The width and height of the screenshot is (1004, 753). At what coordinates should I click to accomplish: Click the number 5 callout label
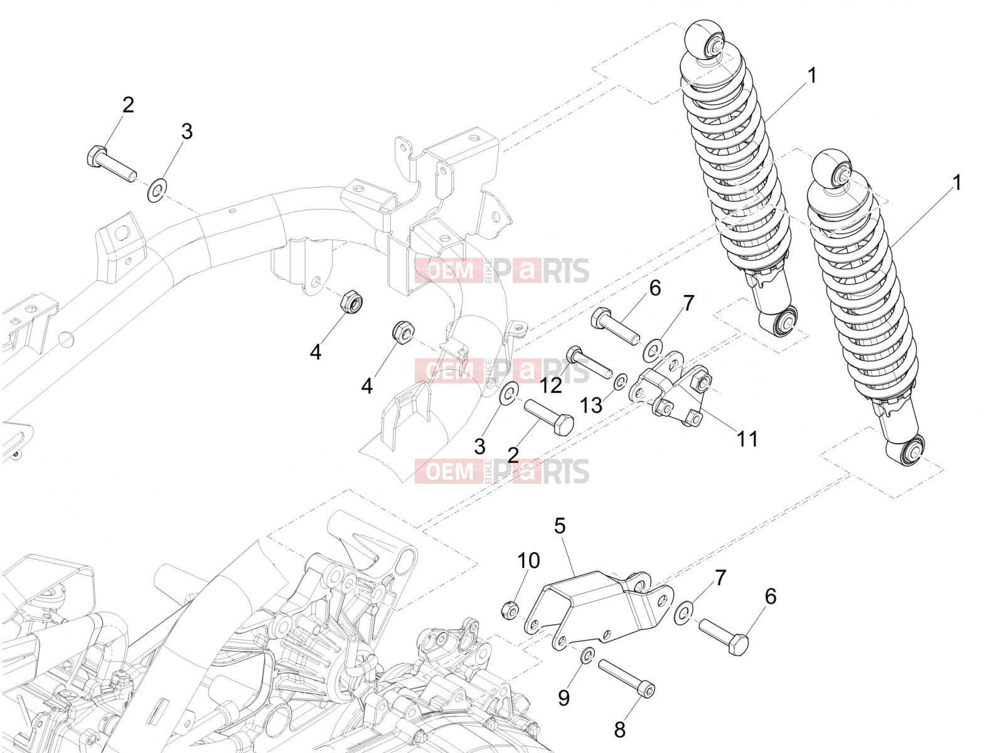coord(560,526)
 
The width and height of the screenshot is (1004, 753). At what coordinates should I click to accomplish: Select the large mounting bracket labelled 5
coord(599,609)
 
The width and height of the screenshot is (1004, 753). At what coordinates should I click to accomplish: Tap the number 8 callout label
coord(619,730)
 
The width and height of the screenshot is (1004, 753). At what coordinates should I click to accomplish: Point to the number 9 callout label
coord(563,698)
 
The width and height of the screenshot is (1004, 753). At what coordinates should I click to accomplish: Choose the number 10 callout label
coord(528,560)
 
